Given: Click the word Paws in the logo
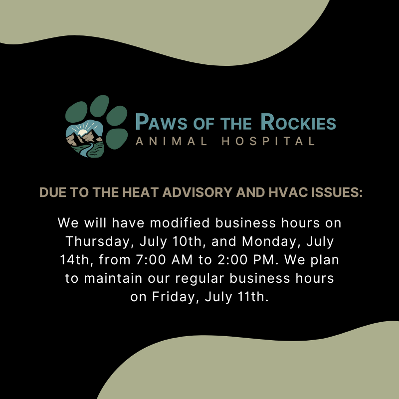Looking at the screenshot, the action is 161,122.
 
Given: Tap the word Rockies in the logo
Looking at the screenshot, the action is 298,122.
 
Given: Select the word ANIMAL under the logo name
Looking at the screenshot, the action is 172,141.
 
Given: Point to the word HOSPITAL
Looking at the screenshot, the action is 268,141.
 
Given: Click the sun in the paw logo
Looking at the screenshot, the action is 82,133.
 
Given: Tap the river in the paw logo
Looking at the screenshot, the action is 86,150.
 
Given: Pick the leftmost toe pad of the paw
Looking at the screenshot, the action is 76,112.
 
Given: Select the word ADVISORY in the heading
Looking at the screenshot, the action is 198,192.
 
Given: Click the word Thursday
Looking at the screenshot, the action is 97,241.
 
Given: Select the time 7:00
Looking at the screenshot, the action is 151,260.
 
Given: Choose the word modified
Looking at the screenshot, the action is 180,222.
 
